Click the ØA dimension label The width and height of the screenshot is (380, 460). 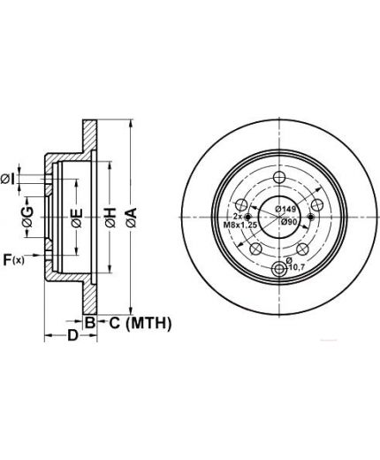point(132,218)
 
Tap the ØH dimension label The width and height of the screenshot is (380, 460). point(110,218)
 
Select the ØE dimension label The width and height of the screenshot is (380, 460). point(77,218)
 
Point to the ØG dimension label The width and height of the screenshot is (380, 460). point(28,217)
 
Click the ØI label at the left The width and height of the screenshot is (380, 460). point(8,179)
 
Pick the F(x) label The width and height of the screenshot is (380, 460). point(13,260)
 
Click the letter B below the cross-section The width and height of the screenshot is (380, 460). point(89,323)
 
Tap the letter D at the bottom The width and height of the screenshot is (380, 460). point(72,335)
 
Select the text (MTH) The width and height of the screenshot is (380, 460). point(148,324)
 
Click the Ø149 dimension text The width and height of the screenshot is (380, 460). point(285,209)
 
